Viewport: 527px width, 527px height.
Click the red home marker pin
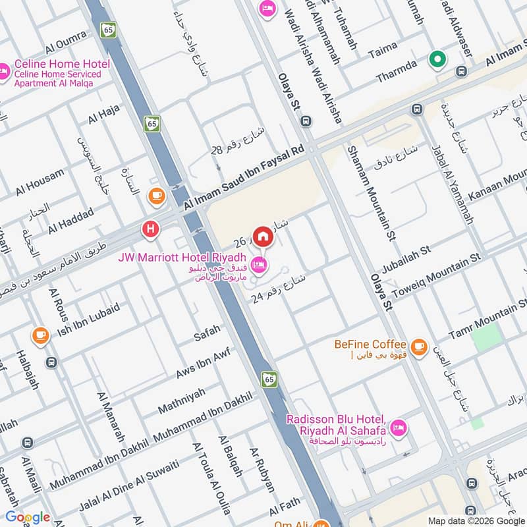point(263,235)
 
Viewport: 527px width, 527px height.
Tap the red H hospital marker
point(151,229)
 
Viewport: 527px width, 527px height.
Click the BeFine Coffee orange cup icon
point(418,345)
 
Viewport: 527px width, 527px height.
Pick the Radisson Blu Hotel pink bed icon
point(398,429)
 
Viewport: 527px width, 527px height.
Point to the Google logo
point(28,517)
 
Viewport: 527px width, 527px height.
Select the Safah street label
point(207,336)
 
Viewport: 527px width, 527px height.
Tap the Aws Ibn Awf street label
point(202,364)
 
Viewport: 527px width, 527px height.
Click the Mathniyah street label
point(181,401)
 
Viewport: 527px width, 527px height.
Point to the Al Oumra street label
point(66,43)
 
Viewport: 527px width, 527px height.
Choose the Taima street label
point(387,48)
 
